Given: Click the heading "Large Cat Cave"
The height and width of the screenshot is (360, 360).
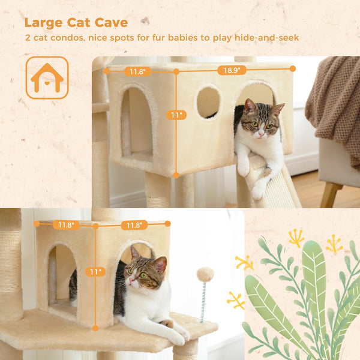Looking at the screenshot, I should (x=76, y=23).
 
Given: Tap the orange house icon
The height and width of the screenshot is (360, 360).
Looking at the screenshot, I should (x=47, y=77).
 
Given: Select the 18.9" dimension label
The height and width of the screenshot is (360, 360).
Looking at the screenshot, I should (x=232, y=70).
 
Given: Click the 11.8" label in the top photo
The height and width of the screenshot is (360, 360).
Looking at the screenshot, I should (x=137, y=72).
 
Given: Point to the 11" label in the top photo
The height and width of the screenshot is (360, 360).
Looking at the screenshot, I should (x=176, y=115).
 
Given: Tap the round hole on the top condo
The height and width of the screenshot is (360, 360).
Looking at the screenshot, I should (x=208, y=101).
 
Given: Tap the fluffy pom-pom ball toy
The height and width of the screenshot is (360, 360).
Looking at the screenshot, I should (x=206, y=275).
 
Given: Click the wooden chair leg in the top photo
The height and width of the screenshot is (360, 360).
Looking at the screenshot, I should (x=328, y=195).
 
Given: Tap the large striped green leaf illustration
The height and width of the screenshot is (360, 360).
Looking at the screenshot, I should (x=314, y=282).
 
